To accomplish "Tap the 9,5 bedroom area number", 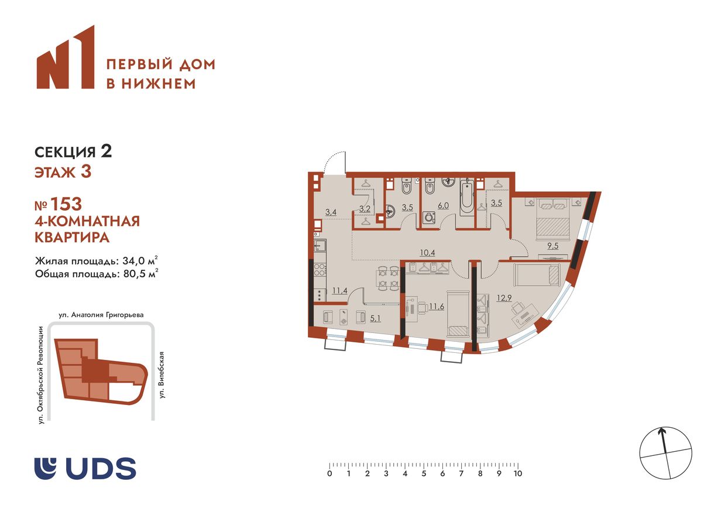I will click(552, 246).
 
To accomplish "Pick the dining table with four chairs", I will click(388, 277).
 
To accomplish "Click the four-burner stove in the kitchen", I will click(321, 270).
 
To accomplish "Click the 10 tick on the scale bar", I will click(517, 473).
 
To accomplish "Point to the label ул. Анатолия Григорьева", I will click(101, 314).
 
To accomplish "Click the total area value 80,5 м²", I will click(140, 273).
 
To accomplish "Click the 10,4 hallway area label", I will click(427, 253).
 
